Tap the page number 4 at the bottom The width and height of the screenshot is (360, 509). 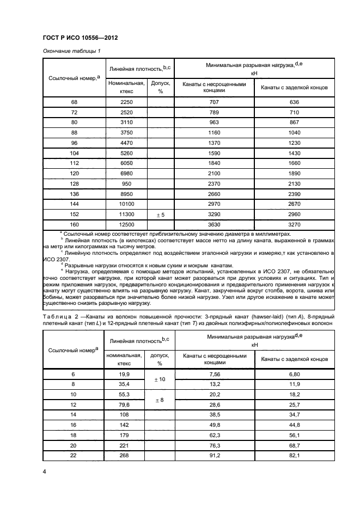pyautogui.click(x=44, y=471)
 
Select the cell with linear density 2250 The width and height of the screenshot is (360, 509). pyautogui.click(x=126, y=102)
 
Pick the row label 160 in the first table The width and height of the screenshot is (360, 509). pyautogui.click(x=74, y=224)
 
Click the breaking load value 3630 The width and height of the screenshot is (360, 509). pyautogui.click(x=214, y=224)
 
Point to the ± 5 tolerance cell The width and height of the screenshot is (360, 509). pyautogui.click(x=160, y=215)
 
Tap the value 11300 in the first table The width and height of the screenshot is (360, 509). pyautogui.click(x=126, y=215)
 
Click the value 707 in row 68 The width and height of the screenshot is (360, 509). pyautogui.click(x=214, y=102)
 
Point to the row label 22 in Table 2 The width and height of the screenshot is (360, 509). pyautogui.click(x=74, y=455)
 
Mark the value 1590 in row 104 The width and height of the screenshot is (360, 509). pyautogui.click(x=214, y=154)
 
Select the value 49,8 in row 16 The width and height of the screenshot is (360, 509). pyautogui.click(x=214, y=425)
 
